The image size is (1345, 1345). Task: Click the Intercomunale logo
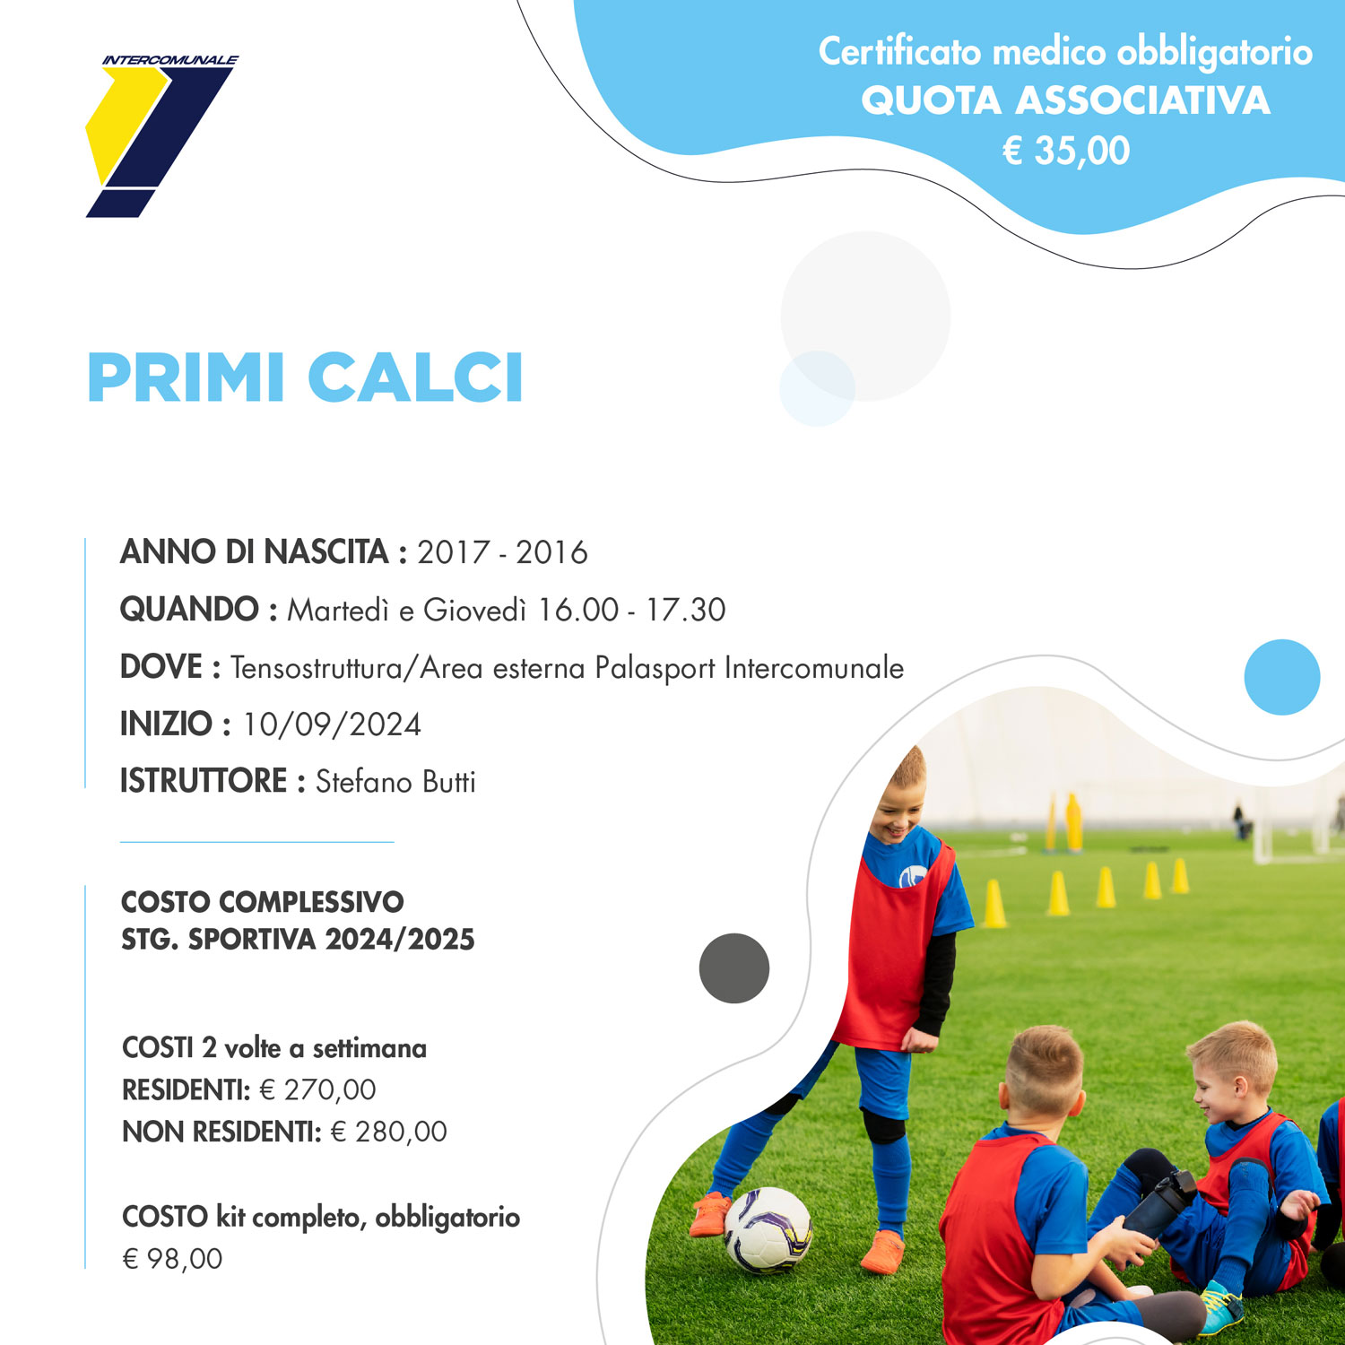161,136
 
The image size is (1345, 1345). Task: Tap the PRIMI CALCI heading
305,377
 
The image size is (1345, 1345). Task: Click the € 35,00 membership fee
1065,151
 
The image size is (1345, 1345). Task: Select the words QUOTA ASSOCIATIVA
1065,100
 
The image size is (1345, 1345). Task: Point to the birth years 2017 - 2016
502,552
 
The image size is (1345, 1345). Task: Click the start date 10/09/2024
332,725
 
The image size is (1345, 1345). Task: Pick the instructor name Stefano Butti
395,781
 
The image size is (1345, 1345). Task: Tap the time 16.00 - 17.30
631,610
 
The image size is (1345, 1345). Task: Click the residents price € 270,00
317,1089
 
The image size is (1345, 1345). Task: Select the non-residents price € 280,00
388,1132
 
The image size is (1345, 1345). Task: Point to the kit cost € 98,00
172,1259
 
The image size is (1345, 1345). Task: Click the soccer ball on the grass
768,1229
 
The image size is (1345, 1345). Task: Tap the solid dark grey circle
734,968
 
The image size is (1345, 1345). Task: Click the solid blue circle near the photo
1282,677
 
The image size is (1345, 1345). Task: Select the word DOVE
161,667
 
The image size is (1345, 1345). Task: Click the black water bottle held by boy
1159,1202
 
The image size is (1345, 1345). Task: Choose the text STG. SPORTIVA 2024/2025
298,939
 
